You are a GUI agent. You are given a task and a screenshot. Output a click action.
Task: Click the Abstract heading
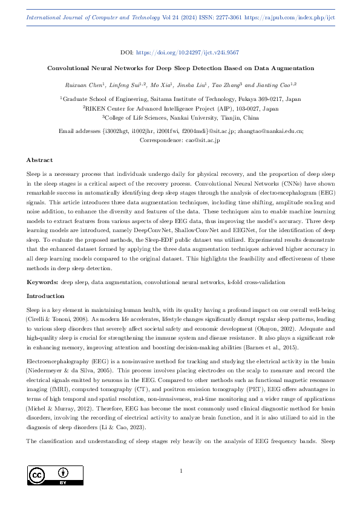39,160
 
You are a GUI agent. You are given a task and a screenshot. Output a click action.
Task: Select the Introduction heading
45,296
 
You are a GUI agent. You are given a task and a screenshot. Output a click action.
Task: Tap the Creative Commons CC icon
38,472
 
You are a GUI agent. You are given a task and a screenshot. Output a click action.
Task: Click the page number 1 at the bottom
181,470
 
